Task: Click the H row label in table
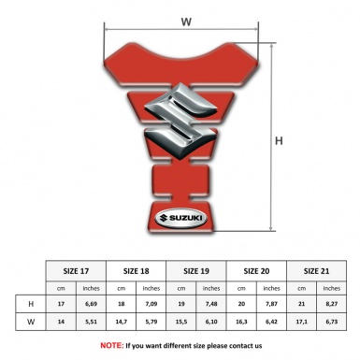[x=32, y=304]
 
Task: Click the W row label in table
[x=32, y=323]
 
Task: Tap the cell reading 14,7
[x=122, y=323]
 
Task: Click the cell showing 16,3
[x=243, y=323]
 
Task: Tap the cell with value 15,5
[x=182, y=323]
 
